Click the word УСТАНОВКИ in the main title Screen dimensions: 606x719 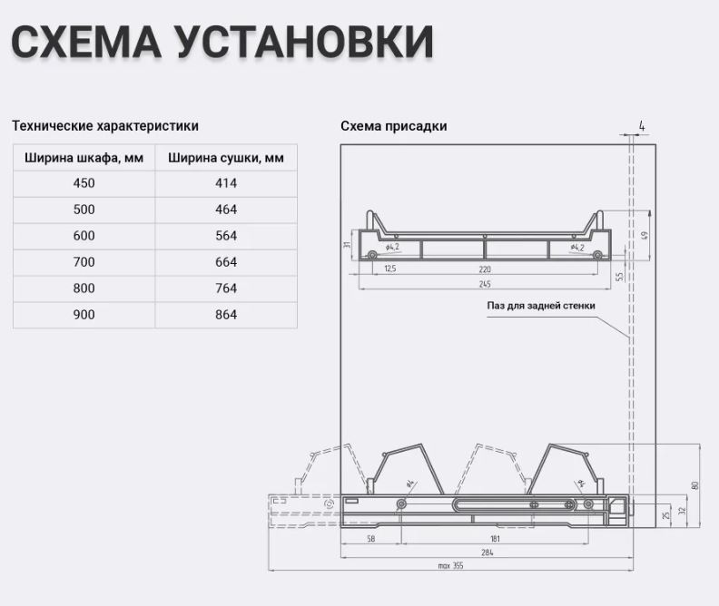coord(305,44)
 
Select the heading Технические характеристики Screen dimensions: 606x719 coord(105,126)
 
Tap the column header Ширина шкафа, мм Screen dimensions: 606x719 coord(84,158)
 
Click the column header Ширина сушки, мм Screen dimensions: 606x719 coord(226,158)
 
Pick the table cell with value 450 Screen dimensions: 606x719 coord(84,183)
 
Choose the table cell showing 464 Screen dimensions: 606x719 coord(226,210)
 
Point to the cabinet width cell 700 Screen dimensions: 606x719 coord(84,262)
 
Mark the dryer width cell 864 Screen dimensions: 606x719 coord(226,315)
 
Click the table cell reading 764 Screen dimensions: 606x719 coord(226,288)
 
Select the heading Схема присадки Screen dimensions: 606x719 coord(394,126)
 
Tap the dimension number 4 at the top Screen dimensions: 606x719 coord(642,125)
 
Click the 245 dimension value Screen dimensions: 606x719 coord(487,282)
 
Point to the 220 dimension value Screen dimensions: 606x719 coord(487,269)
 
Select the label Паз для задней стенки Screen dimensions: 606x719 coord(541,306)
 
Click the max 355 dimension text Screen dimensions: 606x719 coord(450,565)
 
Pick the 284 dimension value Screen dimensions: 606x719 coord(487,552)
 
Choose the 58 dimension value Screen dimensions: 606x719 coord(371,539)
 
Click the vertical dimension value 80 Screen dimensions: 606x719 coord(695,485)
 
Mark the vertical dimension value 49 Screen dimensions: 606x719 coord(645,235)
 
